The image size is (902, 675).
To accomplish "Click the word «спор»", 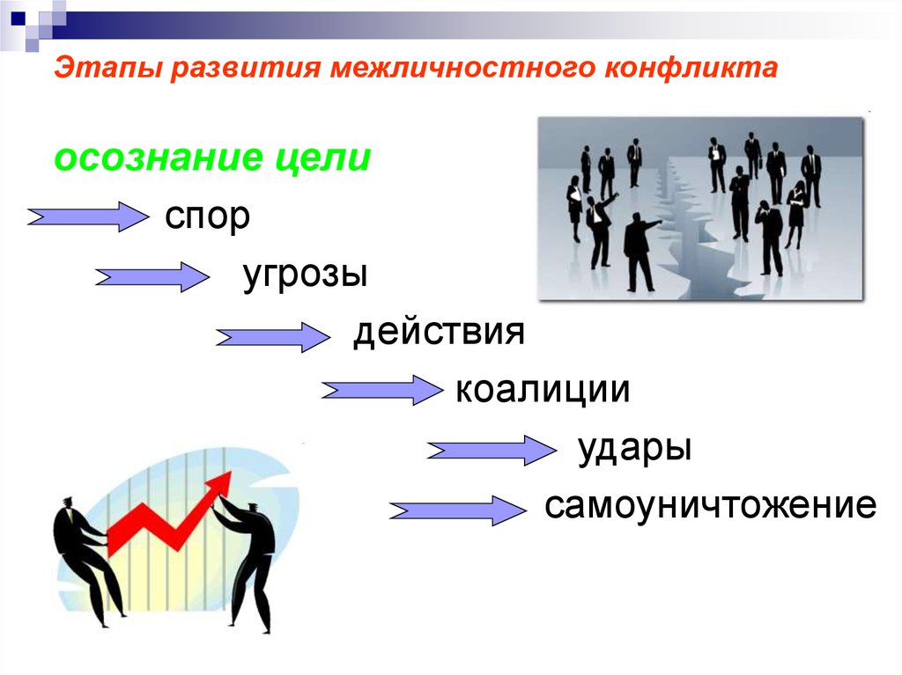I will [x=207, y=218].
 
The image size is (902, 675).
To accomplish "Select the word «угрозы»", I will [x=304, y=275].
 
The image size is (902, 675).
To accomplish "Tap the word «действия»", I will [x=439, y=333].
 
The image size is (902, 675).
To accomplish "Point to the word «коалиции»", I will [x=543, y=390].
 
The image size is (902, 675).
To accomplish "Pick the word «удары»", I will [x=634, y=448].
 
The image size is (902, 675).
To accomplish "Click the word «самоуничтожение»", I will [x=710, y=506].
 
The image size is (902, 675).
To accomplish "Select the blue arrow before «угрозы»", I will [x=152, y=277].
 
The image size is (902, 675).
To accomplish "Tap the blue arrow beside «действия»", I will [x=271, y=337].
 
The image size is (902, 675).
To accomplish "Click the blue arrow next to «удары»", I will [x=488, y=451].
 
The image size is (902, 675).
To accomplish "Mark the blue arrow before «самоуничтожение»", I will [x=456, y=510].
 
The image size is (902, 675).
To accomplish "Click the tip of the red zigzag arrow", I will [x=228, y=475].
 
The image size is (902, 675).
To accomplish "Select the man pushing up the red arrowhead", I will [x=251, y=554].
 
